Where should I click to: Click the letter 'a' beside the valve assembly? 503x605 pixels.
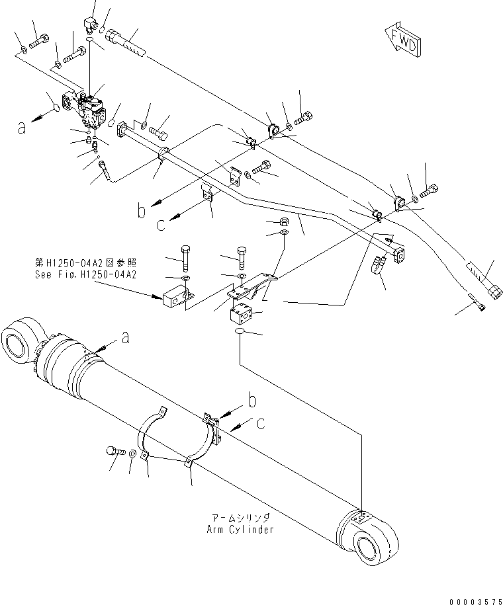pos(23,127)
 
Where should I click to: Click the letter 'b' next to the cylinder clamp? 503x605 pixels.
pos(253,401)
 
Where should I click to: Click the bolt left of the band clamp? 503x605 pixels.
pos(113,451)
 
